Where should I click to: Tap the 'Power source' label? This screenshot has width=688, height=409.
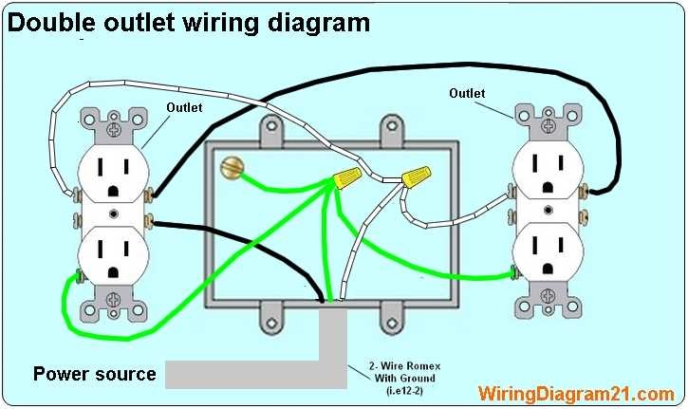coord(95,374)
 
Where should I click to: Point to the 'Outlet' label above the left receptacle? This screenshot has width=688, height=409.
coord(184,108)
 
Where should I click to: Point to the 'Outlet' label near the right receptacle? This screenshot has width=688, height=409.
coord(466,94)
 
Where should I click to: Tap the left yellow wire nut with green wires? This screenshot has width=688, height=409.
coord(347,177)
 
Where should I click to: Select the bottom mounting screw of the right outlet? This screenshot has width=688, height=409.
coord(548,303)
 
